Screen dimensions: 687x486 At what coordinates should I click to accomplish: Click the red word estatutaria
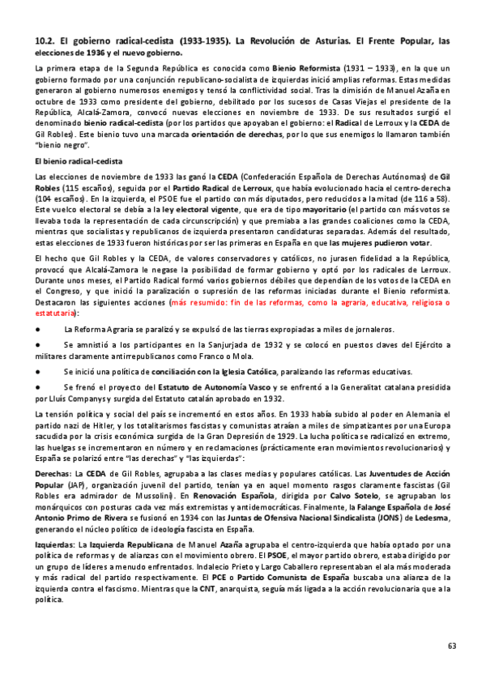(57, 310)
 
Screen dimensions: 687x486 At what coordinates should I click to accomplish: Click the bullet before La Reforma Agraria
(39, 329)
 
